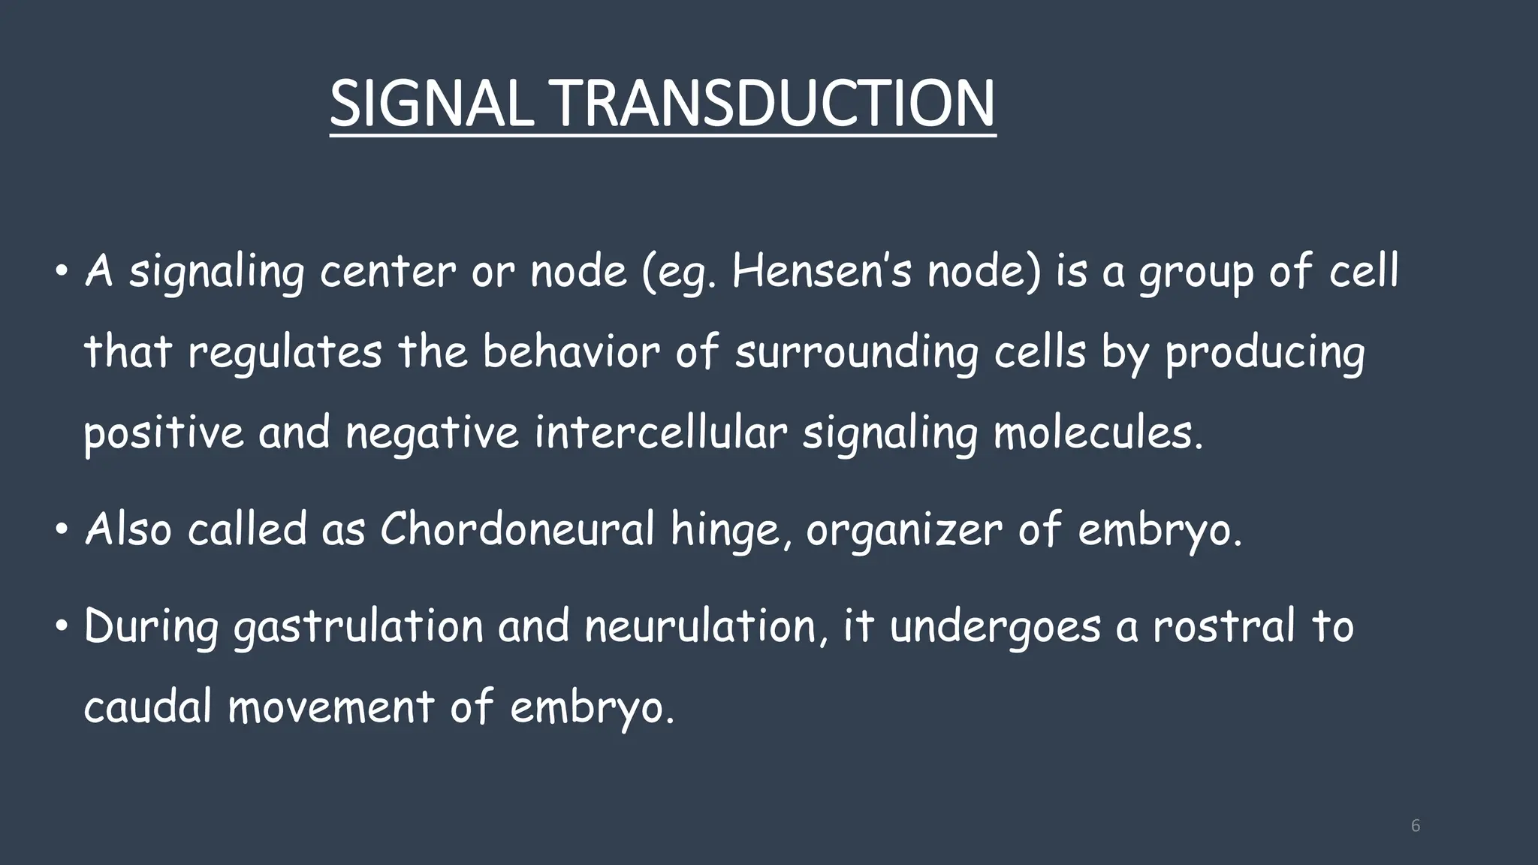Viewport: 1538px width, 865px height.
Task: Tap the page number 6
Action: click(x=1416, y=826)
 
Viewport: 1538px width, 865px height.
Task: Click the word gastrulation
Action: click(x=358, y=627)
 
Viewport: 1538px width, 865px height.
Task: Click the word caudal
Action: click(x=148, y=707)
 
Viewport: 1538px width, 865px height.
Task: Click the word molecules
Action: click(x=1098, y=433)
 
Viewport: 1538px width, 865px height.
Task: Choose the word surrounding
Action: click(x=856, y=352)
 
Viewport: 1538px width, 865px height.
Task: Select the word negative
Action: click(x=432, y=433)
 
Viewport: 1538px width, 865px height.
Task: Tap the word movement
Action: click(x=330, y=707)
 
